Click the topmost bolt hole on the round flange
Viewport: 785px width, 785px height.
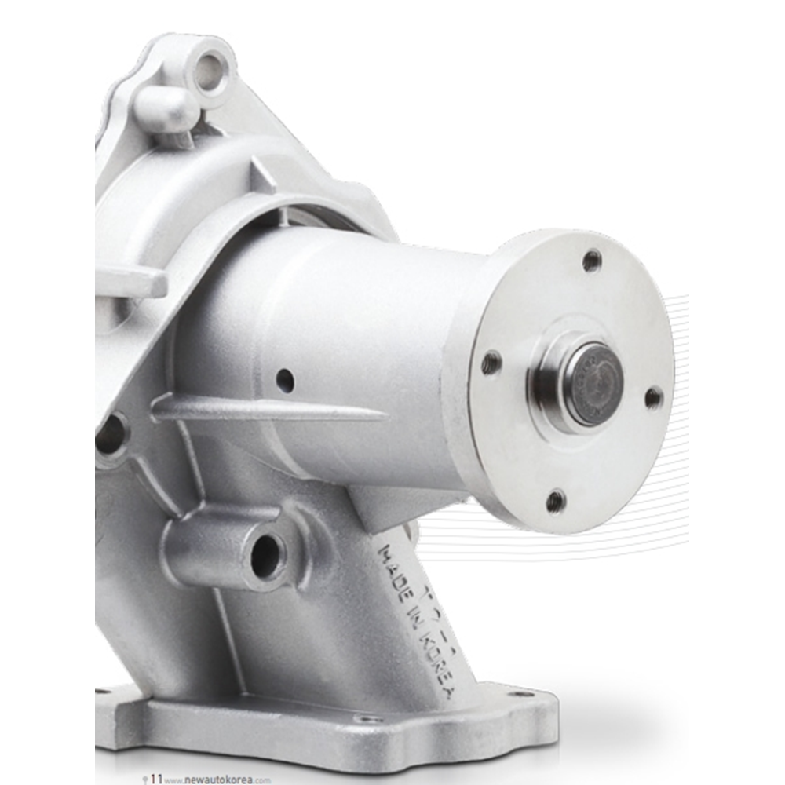[592, 260]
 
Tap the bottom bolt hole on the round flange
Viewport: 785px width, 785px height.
[556, 500]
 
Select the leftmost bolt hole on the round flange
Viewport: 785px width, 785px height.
[492, 362]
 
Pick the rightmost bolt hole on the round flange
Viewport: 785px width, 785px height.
[653, 398]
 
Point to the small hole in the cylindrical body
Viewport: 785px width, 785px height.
[285, 381]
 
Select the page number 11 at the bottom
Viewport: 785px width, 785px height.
[156, 779]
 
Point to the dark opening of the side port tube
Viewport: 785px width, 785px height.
[265, 556]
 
